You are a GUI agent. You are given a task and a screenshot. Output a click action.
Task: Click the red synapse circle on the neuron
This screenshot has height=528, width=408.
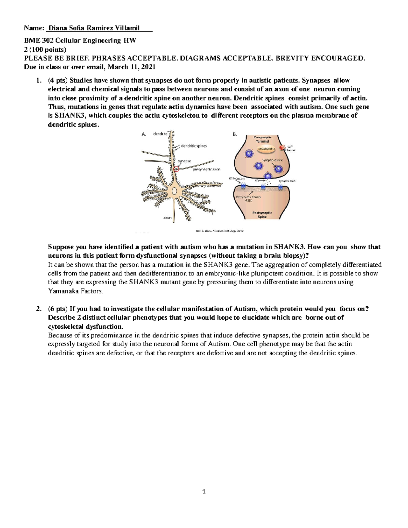[176, 169]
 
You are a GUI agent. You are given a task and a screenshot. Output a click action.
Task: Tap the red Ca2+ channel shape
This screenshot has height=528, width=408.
[283, 147]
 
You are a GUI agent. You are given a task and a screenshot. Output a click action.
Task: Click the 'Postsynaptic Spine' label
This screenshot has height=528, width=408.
[262, 215]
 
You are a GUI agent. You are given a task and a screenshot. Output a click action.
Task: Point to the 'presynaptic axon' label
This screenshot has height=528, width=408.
[206, 169]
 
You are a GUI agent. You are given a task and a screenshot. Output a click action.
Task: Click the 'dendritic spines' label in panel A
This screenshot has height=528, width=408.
[193, 146]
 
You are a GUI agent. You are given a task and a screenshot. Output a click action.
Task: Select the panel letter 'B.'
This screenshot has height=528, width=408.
[235, 134]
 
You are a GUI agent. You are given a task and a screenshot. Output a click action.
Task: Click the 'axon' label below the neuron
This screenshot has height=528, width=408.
[167, 218]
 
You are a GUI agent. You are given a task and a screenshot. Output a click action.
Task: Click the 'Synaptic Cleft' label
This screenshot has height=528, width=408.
[287, 181]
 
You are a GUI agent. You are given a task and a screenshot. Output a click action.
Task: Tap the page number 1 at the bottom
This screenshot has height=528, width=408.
[204, 491]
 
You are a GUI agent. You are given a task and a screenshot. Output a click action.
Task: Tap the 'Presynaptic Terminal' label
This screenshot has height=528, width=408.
[262, 139]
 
